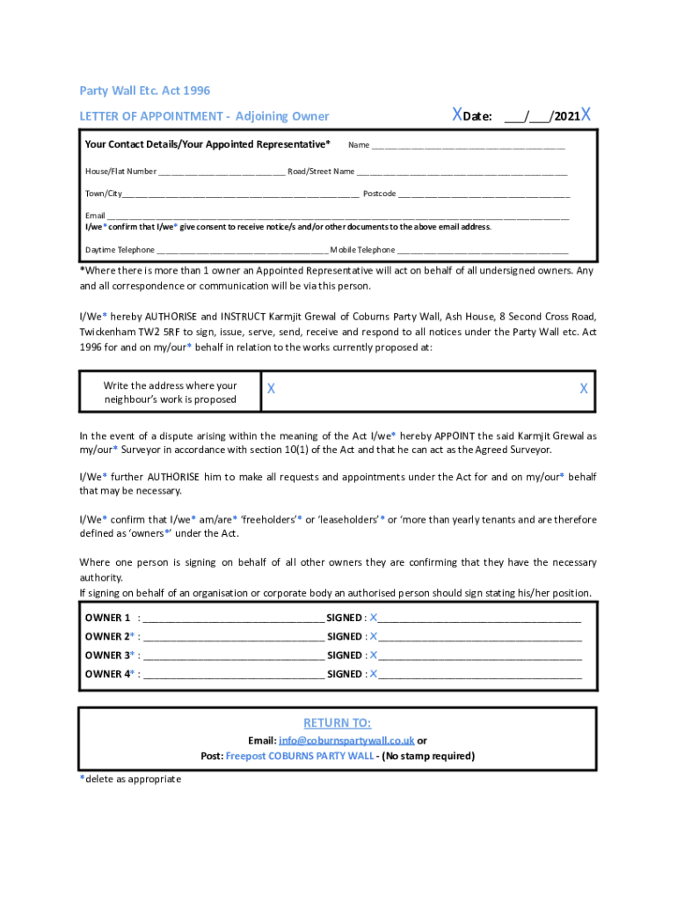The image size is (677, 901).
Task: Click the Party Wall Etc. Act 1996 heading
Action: pos(145,91)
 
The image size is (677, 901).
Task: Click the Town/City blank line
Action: pos(241,194)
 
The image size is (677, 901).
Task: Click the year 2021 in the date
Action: pos(567,116)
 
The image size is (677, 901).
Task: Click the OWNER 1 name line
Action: pos(232,619)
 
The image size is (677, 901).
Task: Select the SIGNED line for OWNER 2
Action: pos(480,637)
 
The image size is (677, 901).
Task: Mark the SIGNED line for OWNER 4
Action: pos(480,675)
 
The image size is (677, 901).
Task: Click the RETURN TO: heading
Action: pos(338,723)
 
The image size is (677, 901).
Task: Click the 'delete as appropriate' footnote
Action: pos(133,779)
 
